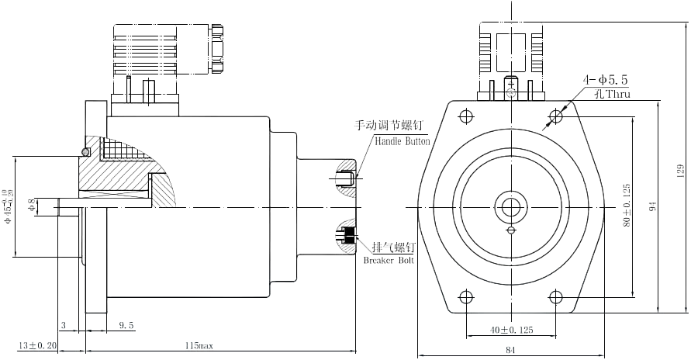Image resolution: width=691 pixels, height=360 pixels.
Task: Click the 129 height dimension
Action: coord(679,169)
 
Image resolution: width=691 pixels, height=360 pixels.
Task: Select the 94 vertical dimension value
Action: coord(654,206)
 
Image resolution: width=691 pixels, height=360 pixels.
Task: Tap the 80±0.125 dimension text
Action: coord(626,205)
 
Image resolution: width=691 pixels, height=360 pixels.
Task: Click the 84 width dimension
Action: coord(510,350)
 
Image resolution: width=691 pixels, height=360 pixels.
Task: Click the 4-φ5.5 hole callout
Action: coord(606,79)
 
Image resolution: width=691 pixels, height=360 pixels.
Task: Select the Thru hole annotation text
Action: coord(612,95)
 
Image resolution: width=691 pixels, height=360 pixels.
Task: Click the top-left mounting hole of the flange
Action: coord(465,116)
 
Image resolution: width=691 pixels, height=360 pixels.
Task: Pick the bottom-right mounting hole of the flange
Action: coord(555,296)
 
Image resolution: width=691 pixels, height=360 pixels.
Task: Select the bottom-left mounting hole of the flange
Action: coord(465,296)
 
